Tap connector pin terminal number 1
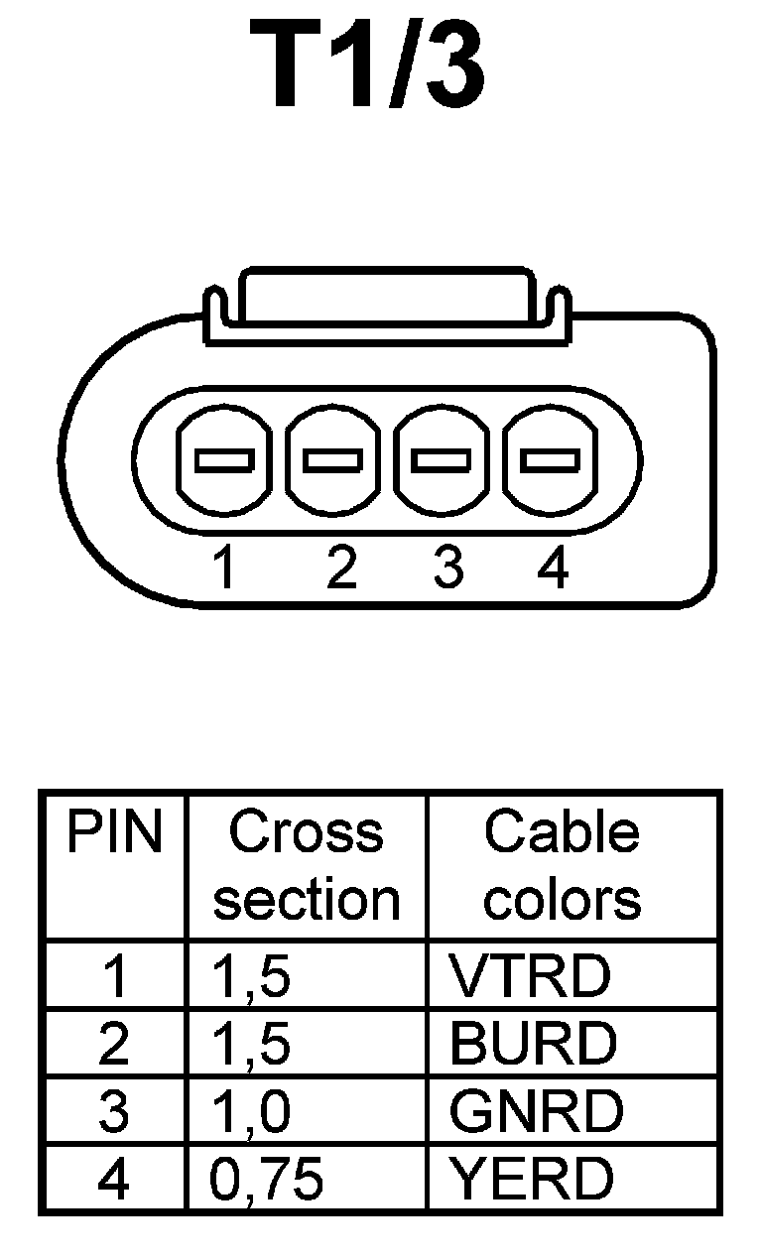click(x=224, y=460)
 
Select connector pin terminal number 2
click(x=333, y=460)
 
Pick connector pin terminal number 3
click(x=442, y=460)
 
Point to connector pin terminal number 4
click(x=551, y=460)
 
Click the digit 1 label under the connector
click(x=226, y=569)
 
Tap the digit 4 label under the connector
click(x=553, y=569)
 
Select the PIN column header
click(x=114, y=833)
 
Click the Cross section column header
click(x=307, y=865)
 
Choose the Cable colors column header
click(x=563, y=865)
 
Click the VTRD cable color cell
click(x=530, y=976)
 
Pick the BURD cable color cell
click(x=533, y=1044)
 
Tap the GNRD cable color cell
click(x=536, y=1111)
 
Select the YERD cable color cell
click(x=532, y=1179)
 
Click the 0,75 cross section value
click(x=267, y=1180)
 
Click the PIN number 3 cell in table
click(x=114, y=1111)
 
